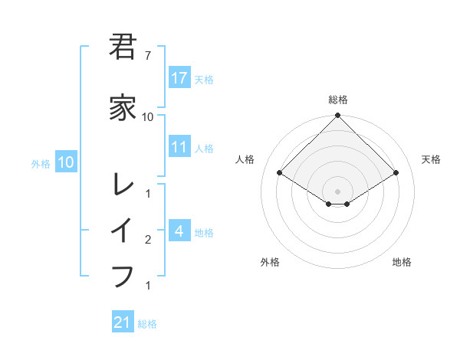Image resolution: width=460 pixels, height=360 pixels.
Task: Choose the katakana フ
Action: point(123,275)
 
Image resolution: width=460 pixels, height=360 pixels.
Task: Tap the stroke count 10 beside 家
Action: point(147,117)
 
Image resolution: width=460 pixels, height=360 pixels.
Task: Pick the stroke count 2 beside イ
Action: point(147,241)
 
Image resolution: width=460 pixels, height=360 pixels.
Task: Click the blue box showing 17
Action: point(179,78)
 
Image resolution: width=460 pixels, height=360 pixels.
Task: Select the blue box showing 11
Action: point(179,147)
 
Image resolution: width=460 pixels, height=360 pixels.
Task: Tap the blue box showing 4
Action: point(179,231)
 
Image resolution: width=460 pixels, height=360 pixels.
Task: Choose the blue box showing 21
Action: point(123,322)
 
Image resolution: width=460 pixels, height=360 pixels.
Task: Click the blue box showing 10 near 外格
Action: point(65,162)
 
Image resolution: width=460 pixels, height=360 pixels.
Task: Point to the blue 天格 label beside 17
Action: point(204,79)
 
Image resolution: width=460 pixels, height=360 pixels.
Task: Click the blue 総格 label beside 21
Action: point(147,324)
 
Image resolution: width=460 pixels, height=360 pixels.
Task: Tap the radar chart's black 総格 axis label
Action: point(338,100)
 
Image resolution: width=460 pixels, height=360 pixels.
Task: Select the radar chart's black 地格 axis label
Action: point(402,262)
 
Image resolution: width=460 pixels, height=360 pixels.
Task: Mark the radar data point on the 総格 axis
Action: point(338,116)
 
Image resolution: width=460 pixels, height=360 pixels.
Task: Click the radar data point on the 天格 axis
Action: point(396,173)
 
